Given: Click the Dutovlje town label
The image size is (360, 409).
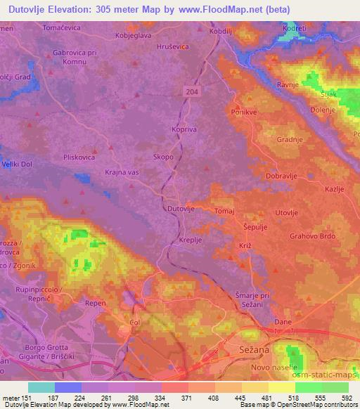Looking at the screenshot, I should pyautogui.click(x=181, y=209).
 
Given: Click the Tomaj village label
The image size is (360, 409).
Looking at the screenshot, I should pyautogui.click(x=224, y=211).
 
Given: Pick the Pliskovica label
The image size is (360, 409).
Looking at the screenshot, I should pyautogui.click(x=79, y=157).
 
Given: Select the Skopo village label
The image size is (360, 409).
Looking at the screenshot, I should pyautogui.click(x=163, y=157).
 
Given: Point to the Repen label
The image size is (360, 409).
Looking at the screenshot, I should pyautogui.click(x=95, y=304).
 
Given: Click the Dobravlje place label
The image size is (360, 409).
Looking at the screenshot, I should pyautogui.click(x=283, y=176).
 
